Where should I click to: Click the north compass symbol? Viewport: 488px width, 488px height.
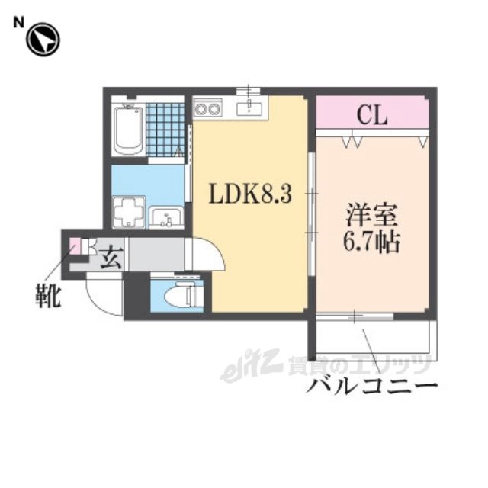pos(43,40)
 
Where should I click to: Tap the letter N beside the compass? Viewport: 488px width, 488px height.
pos(18,23)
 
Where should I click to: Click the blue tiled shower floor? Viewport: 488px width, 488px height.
pos(165,130)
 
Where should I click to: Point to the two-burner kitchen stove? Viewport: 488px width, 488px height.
pos(207,108)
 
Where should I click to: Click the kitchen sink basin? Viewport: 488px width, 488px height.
pos(249,108)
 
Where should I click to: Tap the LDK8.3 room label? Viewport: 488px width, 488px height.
pos(251,193)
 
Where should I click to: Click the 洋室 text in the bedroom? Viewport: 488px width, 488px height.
pos(371,214)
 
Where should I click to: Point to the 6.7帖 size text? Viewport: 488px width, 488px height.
pos(371,242)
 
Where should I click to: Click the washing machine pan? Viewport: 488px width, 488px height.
pos(129,212)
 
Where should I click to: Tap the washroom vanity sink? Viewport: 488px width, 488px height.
pos(166,217)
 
